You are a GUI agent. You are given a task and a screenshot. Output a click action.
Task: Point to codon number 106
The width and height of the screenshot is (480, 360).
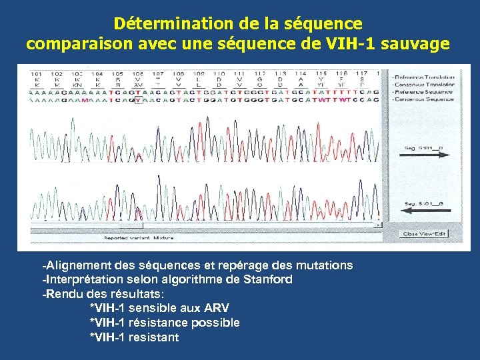(138, 73)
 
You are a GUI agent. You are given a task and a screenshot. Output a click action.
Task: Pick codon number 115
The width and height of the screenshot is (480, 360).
(321, 73)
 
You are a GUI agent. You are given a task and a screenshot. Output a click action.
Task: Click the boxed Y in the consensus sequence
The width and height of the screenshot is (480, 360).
(138, 100)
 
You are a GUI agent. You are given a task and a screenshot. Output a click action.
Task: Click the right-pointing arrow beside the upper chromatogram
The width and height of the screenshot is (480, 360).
(427, 154)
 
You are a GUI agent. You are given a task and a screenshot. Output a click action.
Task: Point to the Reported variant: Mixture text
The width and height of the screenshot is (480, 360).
(138, 237)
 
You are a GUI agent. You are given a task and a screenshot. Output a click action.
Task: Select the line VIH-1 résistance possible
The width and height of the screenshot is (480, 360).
(165, 323)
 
